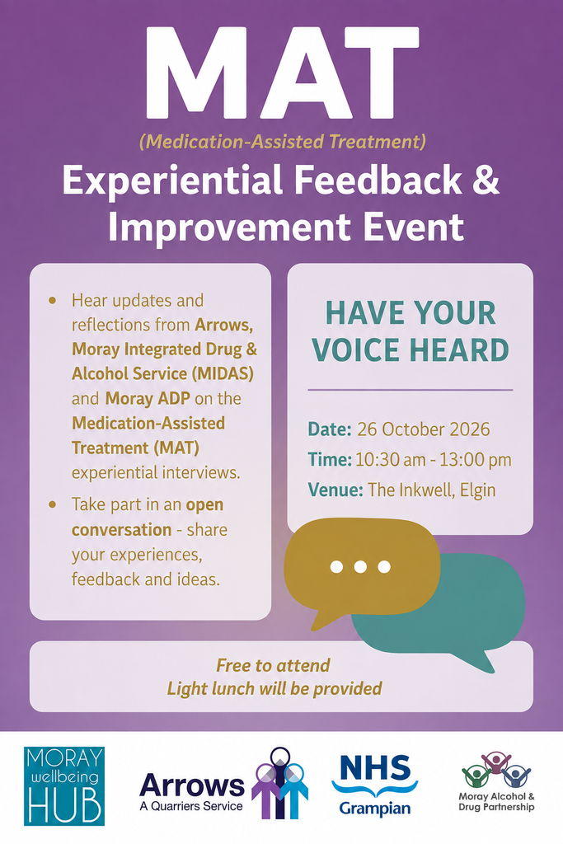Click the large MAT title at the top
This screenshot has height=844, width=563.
coord(282,73)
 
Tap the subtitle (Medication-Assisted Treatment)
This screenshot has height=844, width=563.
coord(283,142)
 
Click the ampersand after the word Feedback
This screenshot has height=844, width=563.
coord(486,180)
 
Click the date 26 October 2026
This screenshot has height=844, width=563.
coord(424,429)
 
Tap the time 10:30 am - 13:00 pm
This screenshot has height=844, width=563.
coord(434,460)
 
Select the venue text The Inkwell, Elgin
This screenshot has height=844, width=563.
coord(432,490)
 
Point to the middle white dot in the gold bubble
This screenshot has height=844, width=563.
coord(360,567)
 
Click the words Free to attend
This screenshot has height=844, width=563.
coord(273,665)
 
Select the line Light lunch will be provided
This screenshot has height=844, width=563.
coord(274,688)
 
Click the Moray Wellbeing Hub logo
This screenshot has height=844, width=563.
coord(64,785)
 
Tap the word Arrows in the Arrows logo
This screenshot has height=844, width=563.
coord(191,785)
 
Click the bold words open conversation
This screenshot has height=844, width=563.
coord(148,518)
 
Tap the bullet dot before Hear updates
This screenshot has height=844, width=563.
coord(52,300)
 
